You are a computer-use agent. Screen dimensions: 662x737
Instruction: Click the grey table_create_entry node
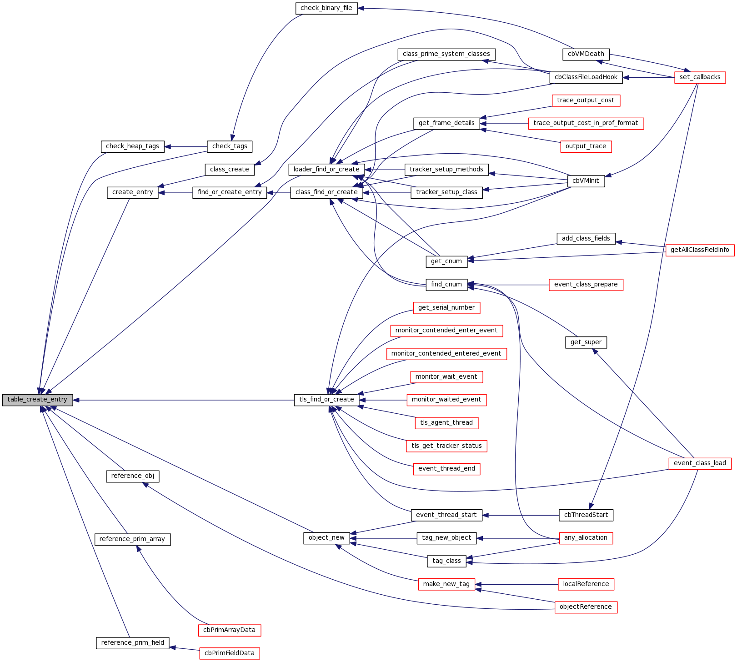[37, 400]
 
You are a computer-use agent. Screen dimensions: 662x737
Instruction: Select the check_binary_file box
[326, 8]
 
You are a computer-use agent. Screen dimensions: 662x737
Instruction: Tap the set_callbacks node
[700, 77]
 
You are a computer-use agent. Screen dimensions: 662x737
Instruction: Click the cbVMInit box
[586, 181]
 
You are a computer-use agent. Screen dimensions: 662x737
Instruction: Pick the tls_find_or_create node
[326, 400]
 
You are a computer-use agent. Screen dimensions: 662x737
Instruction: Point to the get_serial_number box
[446, 308]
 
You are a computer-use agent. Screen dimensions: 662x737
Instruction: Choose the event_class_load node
[700, 463]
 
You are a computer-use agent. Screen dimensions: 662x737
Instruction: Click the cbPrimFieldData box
[230, 653]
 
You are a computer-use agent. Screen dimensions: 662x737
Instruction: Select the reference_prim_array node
[132, 539]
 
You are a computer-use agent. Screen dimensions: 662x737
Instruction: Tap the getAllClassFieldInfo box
[700, 250]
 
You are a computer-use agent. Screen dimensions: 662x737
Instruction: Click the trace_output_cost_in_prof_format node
[586, 123]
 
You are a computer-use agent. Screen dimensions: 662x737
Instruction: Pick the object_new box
[326, 538]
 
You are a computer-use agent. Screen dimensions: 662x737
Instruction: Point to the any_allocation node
[586, 538]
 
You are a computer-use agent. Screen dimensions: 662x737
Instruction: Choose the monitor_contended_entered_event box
[446, 354]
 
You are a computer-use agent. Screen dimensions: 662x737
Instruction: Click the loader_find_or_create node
[326, 170]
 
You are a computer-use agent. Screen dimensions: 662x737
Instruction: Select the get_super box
[586, 342]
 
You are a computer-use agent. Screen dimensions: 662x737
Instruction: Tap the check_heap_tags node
[132, 146]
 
